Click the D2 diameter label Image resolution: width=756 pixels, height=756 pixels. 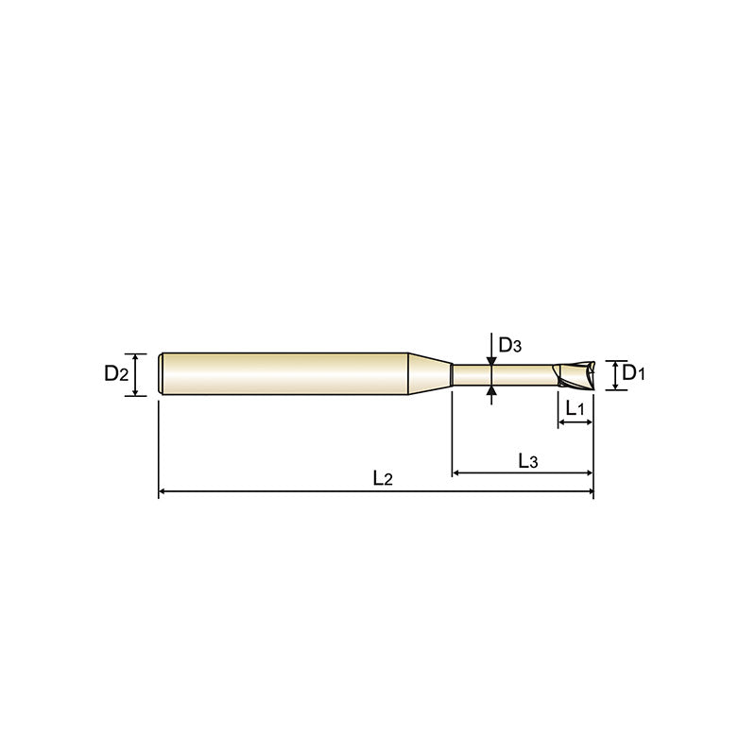coord(115,373)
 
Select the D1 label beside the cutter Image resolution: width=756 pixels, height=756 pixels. coord(634,374)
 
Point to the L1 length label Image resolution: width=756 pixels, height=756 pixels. coord(575,407)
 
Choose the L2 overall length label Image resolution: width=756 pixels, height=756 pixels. coord(382,479)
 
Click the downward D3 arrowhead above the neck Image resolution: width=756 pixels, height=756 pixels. coord(490,358)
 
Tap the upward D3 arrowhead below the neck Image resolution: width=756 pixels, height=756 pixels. coord(490,389)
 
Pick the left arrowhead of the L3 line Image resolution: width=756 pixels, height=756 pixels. coord(458,472)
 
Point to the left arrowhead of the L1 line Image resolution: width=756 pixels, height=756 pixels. coord(562,423)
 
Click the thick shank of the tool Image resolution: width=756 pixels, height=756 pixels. coord(283,374)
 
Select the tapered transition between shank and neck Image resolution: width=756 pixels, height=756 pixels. coord(430,374)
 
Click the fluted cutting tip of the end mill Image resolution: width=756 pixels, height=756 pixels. coord(575,374)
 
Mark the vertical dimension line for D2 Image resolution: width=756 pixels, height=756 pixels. coord(138,374)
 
